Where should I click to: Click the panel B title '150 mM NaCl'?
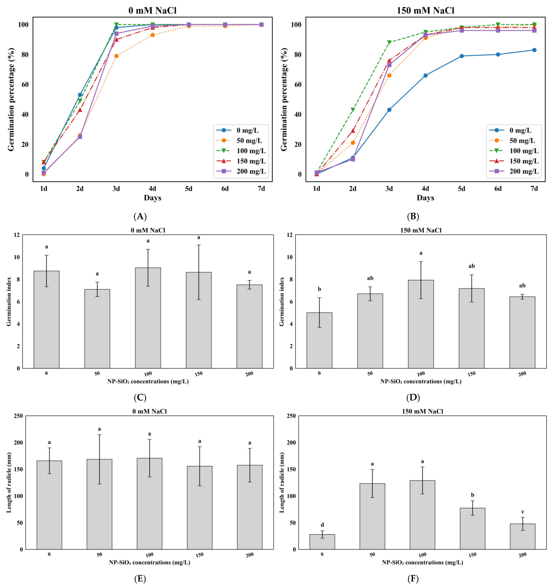pos(425,11)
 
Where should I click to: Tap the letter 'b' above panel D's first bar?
pos(319,289)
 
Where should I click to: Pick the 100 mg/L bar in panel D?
pos(421,324)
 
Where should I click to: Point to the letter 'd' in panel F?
pos(322,525)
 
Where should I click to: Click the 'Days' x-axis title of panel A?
pos(152,198)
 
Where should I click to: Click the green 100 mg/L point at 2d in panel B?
pos(353,110)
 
